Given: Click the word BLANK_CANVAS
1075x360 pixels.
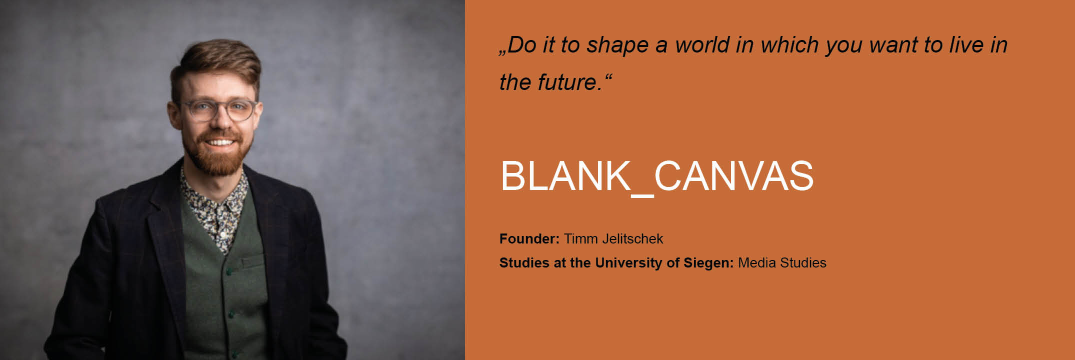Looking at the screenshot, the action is (x=656, y=176).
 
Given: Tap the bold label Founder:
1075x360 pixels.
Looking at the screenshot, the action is (x=529, y=239).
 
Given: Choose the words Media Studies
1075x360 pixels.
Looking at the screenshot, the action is (x=782, y=263).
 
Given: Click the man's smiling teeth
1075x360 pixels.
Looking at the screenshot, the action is (x=220, y=142).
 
